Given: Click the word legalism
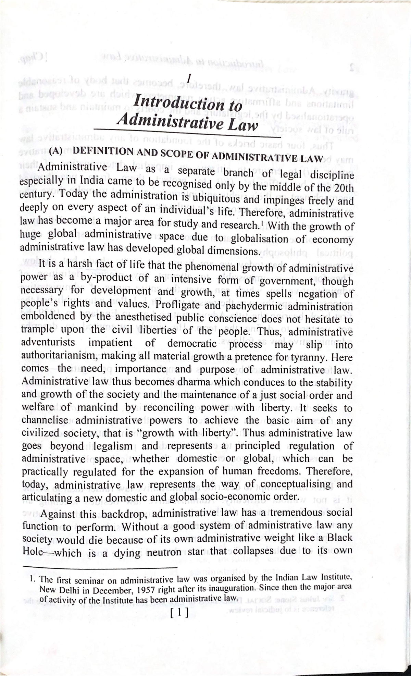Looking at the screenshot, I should [x=113, y=446].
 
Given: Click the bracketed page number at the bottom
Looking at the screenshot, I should [x=179, y=612].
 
